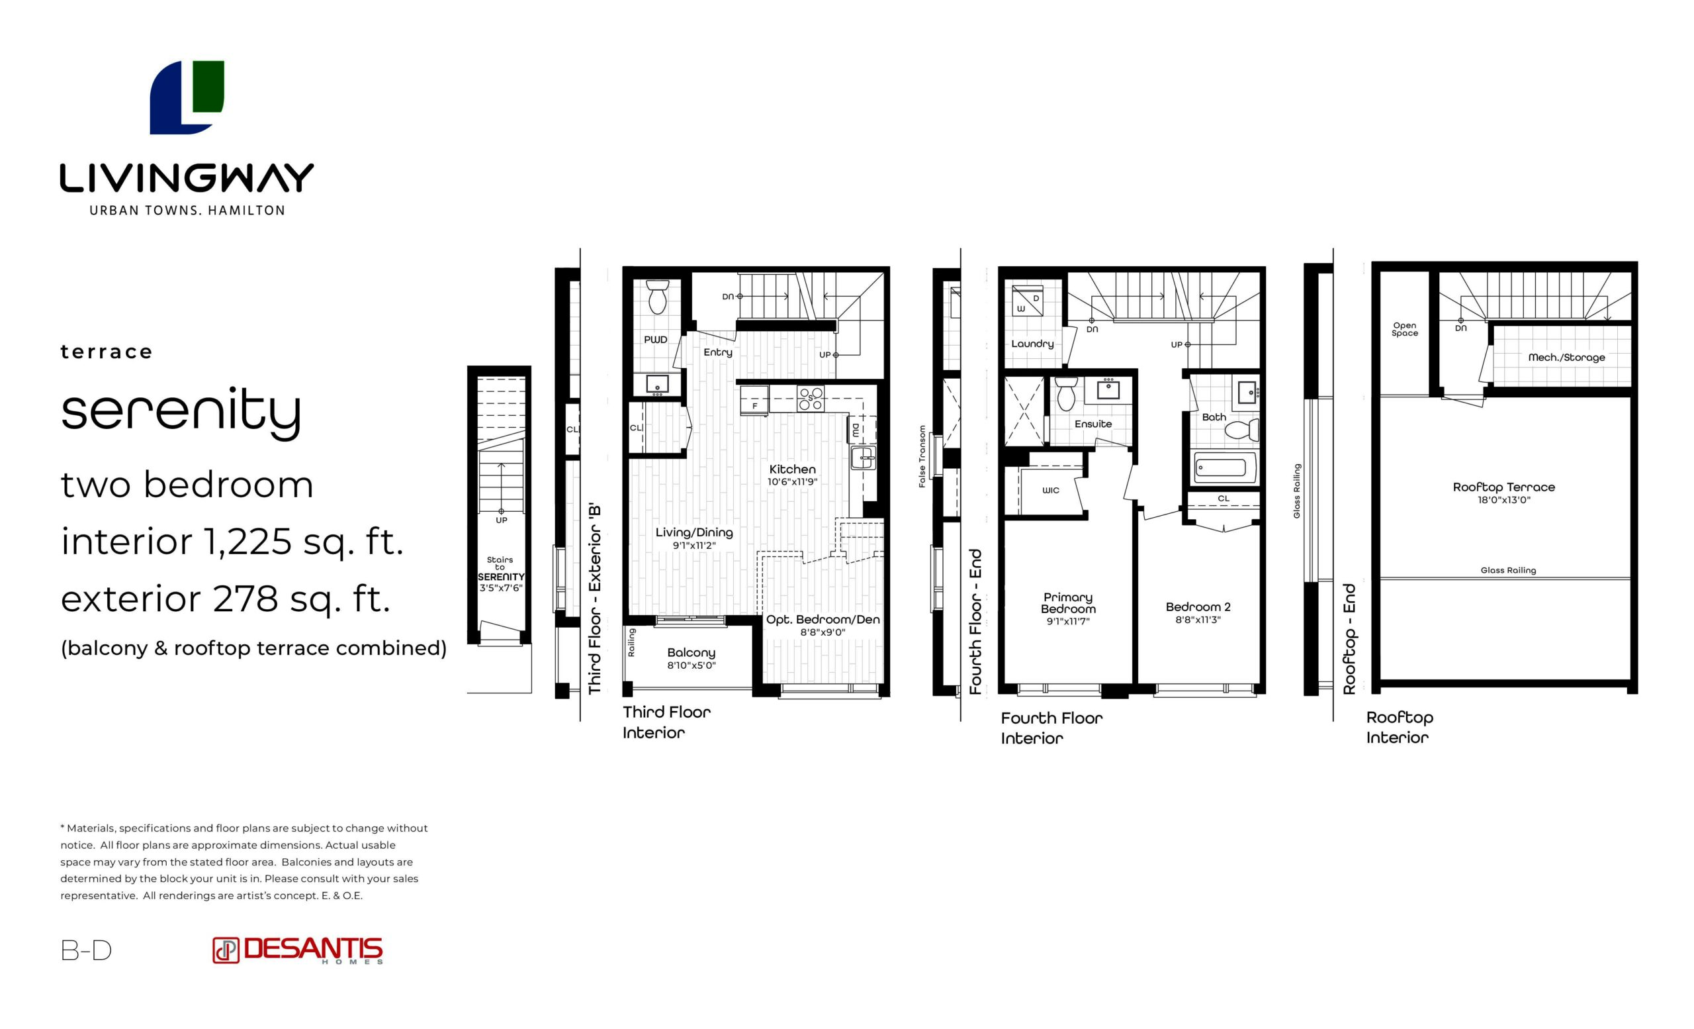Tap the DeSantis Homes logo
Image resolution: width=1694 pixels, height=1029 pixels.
(x=297, y=951)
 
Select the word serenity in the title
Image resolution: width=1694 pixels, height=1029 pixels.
(x=181, y=411)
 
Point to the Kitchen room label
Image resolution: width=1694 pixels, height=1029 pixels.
(x=792, y=469)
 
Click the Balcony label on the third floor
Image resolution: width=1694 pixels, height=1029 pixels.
(x=691, y=653)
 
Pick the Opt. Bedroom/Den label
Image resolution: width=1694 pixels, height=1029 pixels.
(x=823, y=620)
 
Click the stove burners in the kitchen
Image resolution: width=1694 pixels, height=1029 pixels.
(x=811, y=398)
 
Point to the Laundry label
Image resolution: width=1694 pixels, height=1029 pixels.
(x=1032, y=344)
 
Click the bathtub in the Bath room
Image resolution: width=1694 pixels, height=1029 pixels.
(x=1224, y=468)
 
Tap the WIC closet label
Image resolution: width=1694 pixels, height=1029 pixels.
(x=1051, y=491)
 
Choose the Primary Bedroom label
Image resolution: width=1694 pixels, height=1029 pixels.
(x=1068, y=603)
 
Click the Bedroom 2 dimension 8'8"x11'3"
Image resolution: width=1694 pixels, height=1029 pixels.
(x=1198, y=620)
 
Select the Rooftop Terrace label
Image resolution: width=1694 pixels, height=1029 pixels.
(x=1503, y=487)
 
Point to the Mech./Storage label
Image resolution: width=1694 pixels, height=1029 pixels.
(x=1566, y=358)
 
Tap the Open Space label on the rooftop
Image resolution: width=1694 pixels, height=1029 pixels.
(x=1405, y=330)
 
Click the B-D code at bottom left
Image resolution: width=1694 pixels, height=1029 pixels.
(x=86, y=951)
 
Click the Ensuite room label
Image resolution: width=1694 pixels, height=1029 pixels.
(x=1093, y=424)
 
